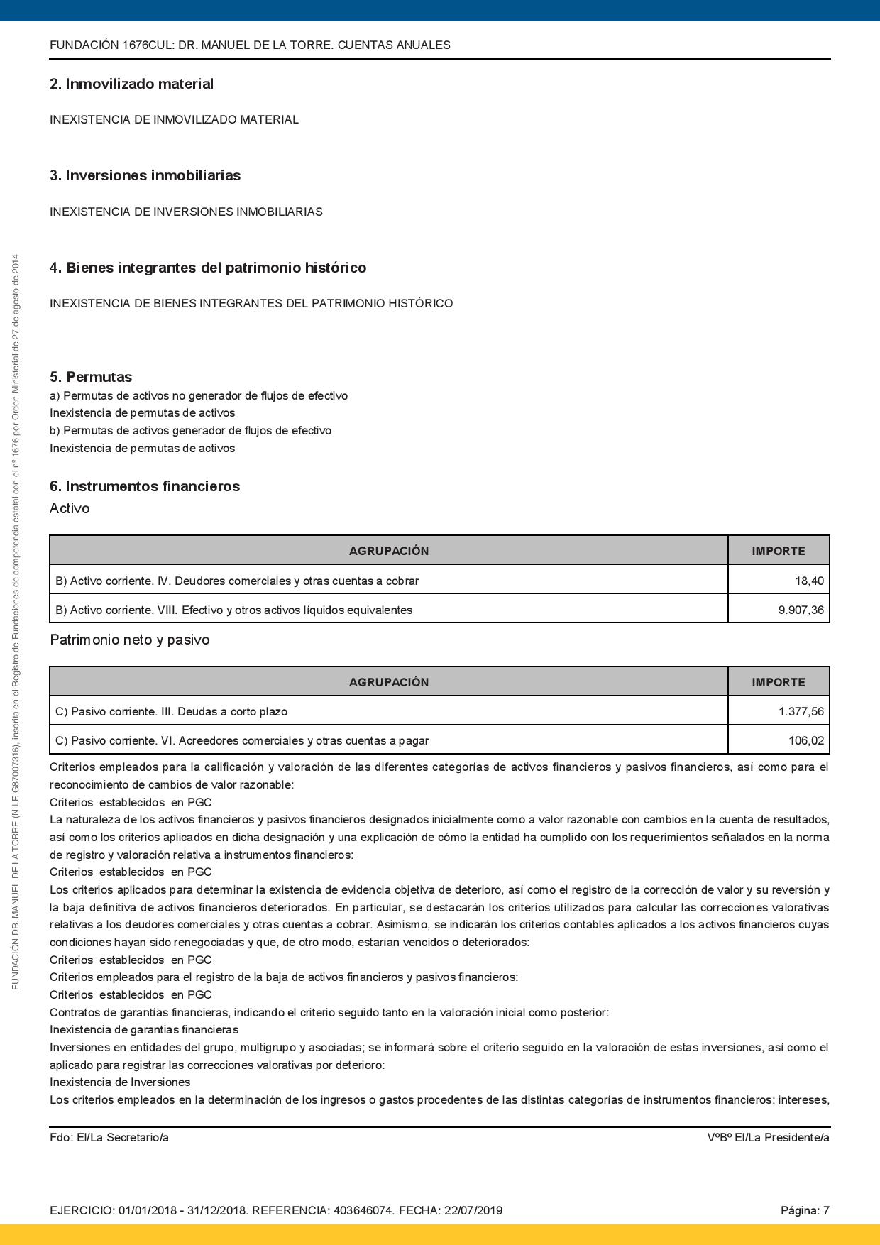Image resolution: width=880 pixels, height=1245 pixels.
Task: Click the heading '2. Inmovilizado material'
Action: point(131,84)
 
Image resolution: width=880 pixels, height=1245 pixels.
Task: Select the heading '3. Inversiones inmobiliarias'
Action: point(145,175)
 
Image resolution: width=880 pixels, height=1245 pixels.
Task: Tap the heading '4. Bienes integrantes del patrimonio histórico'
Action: point(207,268)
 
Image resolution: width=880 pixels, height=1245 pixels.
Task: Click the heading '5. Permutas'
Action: point(91,377)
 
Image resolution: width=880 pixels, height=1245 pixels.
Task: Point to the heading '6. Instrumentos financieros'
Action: point(145,486)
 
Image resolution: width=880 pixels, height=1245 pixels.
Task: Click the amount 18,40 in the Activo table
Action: point(809,581)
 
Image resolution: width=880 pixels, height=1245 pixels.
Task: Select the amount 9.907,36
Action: point(801,610)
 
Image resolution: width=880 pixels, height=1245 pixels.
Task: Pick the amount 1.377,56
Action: point(801,711)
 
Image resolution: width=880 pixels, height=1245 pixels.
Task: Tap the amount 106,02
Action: point(806,740)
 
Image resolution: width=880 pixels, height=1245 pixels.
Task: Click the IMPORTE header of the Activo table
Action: point(779,551)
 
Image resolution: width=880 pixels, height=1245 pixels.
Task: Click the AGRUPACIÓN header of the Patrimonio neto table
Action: point(388,682)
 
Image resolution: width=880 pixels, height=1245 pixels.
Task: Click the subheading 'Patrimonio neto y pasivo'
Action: point(129,640)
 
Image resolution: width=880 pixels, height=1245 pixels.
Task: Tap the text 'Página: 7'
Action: point(805,1210)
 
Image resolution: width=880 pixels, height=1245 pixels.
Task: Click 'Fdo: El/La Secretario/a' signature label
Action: point(109,1137)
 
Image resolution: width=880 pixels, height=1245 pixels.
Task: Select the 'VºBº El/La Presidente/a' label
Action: point(768,1137)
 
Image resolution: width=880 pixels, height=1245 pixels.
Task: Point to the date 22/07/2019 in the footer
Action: point(473,1210)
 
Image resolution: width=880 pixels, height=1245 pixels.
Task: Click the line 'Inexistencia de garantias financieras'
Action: point(144,1029)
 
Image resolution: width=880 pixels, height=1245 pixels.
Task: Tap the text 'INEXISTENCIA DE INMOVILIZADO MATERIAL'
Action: point(174,119)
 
